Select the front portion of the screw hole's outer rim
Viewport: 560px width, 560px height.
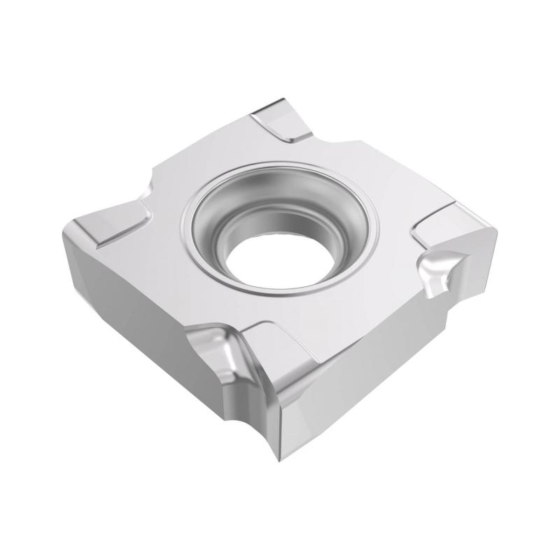280,297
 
